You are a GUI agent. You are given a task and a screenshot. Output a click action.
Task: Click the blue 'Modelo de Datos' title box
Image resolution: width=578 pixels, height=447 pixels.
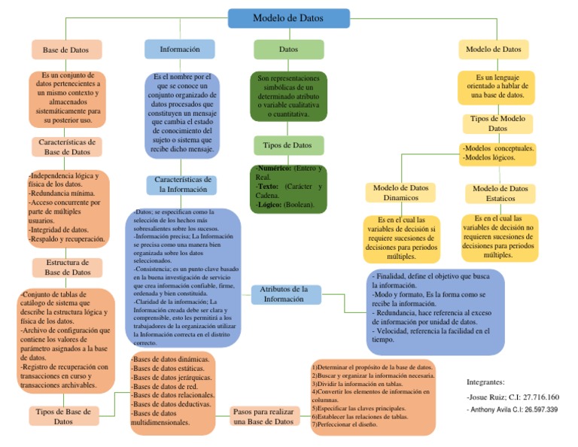tap(289, 18)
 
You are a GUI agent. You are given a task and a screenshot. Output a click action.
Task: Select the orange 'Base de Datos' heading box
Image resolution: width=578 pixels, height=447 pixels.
tap(66, 50)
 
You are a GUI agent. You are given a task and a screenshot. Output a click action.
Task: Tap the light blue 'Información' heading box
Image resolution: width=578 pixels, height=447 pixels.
tap(180, 49)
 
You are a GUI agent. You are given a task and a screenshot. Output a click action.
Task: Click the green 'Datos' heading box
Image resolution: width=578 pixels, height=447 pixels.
tap(288, 49)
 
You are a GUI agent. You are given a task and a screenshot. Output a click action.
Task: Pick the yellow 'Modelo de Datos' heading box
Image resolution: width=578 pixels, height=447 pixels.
tap(493, 49)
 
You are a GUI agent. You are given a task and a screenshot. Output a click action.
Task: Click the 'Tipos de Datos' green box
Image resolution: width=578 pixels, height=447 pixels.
tap(288, 144)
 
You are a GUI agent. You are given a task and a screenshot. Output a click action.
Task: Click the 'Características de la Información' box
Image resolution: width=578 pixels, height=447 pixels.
tap(183, 185)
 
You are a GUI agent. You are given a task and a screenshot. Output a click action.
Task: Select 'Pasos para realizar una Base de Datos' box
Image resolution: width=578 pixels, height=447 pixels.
tap(263, 417)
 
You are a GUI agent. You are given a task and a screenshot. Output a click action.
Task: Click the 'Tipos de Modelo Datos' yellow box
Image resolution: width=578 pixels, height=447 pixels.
tap(497, 124)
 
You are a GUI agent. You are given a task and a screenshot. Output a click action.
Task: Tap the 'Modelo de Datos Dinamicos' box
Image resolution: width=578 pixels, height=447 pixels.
tap(401, 193)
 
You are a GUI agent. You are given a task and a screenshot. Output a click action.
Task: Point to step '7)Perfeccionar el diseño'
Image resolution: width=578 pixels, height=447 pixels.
tap(345, 424)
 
